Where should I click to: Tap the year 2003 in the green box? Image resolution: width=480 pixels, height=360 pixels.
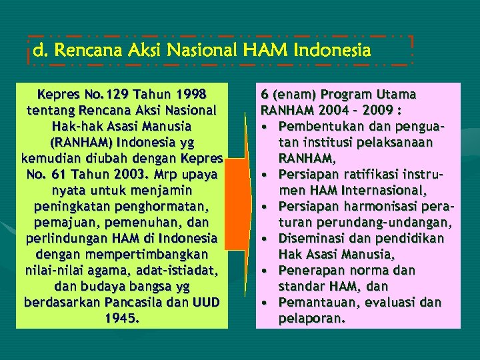111,174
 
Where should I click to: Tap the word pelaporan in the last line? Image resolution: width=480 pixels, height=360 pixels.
312,318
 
